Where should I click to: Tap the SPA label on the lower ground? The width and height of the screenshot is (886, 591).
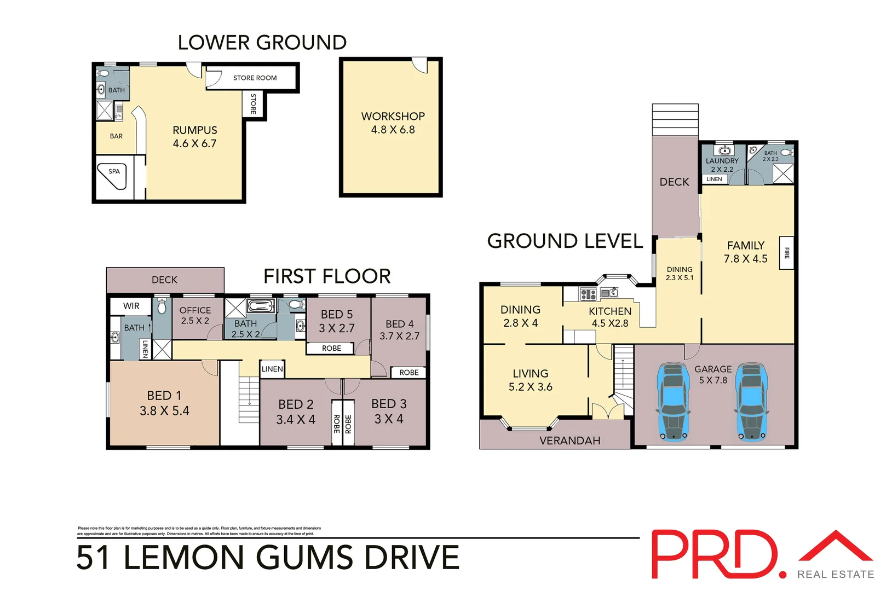[114, 171]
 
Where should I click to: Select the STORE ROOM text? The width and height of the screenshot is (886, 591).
[255, 78]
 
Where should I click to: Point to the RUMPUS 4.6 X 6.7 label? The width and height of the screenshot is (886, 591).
[195, 137]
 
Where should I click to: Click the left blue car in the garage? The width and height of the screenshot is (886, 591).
[673, 401]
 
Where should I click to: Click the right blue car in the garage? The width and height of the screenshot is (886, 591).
[751, 401]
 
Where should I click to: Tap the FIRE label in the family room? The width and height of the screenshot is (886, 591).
[787, 252]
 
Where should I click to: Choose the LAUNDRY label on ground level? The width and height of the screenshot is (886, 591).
[722, 161]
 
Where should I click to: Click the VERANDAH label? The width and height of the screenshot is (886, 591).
[569, 441]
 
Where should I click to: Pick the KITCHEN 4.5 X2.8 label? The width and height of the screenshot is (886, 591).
[610, 317]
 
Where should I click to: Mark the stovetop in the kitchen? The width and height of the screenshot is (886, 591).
[588, 294]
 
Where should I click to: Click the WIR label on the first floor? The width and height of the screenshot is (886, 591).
[131, 306]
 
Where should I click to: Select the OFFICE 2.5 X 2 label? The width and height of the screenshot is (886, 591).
[195, 315]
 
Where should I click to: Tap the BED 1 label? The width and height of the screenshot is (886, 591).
[164, 403]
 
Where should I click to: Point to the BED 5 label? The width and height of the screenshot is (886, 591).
[337, 321]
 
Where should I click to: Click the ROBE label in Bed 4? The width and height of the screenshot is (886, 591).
[409, 372]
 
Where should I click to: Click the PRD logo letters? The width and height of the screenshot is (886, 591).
[715, 554]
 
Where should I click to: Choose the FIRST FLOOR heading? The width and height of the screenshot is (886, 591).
[327, 276]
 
